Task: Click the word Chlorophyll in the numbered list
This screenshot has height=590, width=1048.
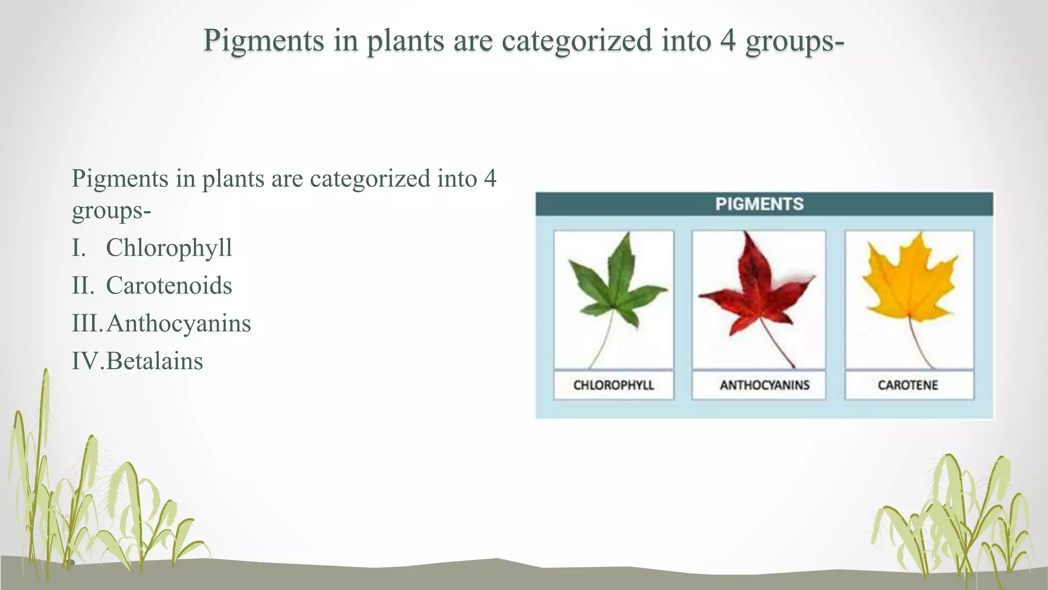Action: click(x=169, y=248)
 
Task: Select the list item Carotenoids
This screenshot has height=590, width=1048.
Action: click(x=169, y=286)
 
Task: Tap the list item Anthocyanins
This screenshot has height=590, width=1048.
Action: click(x=179, y=324)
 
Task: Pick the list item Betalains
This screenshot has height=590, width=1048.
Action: click(x=155, y=362)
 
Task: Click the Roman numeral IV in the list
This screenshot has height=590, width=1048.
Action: click(x=87, y=362)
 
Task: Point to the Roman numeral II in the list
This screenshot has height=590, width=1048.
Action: click(x=83, y=286)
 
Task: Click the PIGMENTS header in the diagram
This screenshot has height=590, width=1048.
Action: click(x=759, y=204)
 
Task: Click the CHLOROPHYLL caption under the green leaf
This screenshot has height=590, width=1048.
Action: click(x=614, y=385)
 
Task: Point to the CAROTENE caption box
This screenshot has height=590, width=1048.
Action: click(x=908, y=385)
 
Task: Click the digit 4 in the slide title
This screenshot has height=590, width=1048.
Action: click(x=728, y=40)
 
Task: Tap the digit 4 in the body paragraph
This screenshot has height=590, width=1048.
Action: click(x=490, y=179)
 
